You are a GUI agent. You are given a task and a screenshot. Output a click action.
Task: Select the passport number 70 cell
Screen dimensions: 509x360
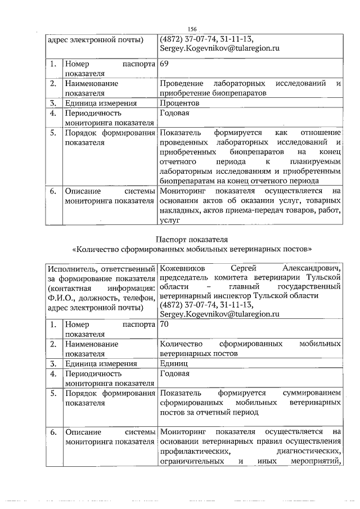coord(165,325)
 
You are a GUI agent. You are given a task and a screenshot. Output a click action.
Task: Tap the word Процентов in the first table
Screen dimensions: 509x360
coord(179,103)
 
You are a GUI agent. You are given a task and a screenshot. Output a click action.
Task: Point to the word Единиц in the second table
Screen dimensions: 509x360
coord(174,363)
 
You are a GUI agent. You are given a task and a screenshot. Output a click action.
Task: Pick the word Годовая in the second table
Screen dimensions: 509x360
coord(174,373)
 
